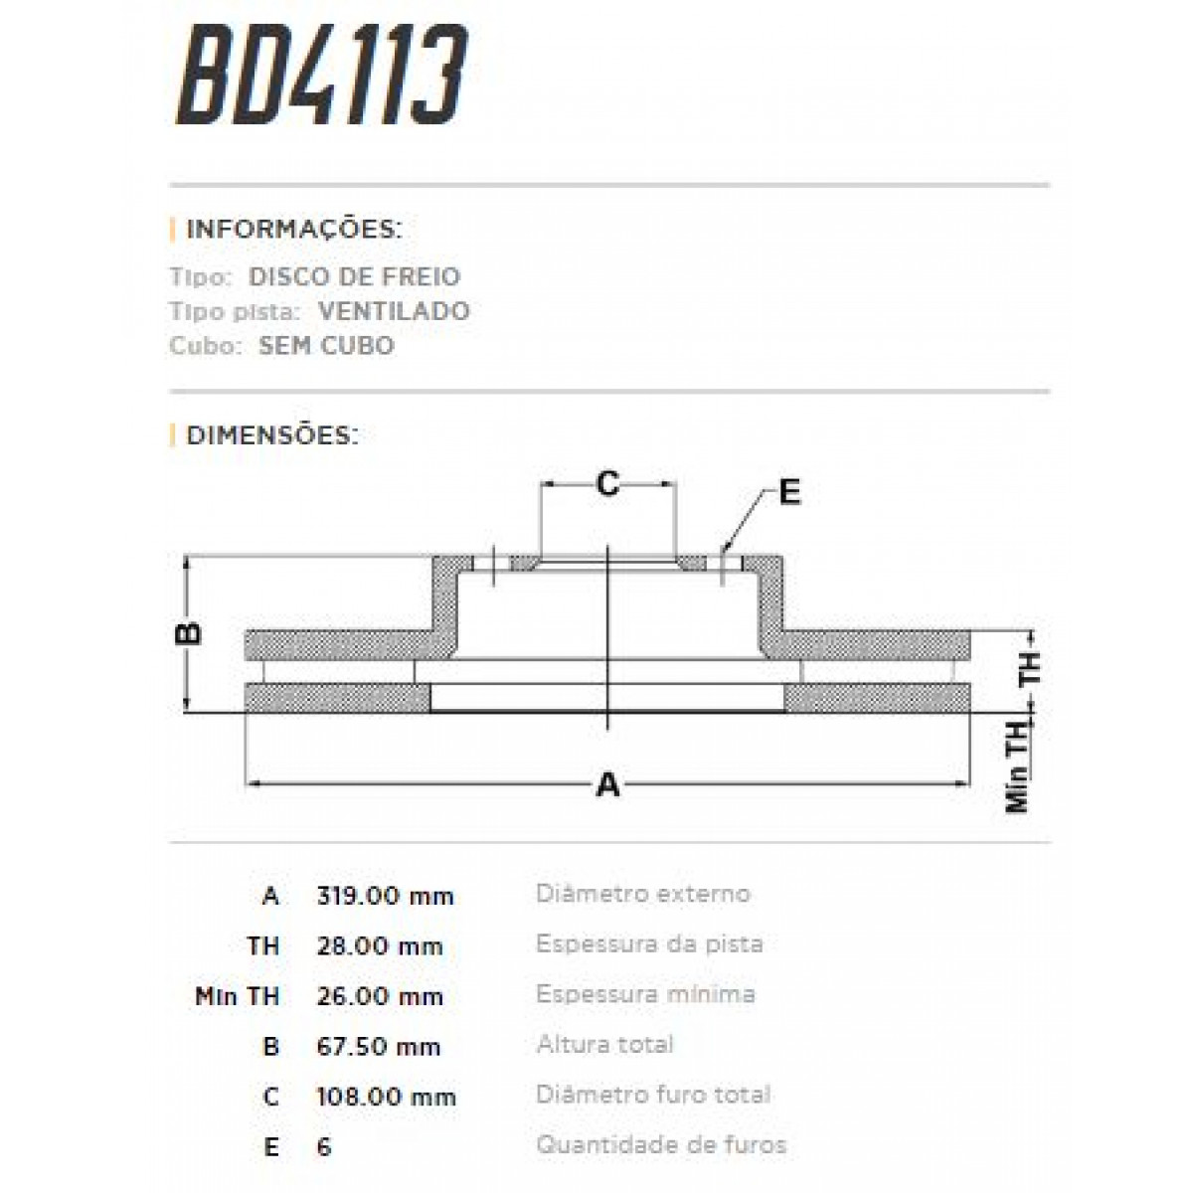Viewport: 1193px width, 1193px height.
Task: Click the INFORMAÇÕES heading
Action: [293, 230]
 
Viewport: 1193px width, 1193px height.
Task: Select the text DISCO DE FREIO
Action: [354, 276]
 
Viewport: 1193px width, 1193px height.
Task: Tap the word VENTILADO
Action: [394, 311]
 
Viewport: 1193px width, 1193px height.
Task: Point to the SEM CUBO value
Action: [326, 346]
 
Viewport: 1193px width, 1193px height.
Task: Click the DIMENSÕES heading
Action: [272, 435]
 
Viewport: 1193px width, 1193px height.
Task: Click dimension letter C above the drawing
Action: [607, 485]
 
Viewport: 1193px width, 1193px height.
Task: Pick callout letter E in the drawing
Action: [789, 493]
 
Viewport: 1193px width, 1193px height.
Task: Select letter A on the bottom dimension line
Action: [607, 785]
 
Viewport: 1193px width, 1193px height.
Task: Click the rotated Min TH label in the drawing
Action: [1017, 767]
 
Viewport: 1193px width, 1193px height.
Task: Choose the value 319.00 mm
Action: [385, 896]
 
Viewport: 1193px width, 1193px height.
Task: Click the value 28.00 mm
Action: [379, 945]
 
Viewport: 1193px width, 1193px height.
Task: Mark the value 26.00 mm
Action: [379, 996]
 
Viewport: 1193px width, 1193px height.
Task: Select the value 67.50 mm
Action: [378, 1046]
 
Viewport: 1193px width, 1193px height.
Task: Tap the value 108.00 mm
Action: [386, 1097]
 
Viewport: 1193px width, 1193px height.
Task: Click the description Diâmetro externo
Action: [643, 894]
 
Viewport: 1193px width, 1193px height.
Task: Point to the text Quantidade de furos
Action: [661, 1144]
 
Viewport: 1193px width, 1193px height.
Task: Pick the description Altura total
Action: [604, 1044]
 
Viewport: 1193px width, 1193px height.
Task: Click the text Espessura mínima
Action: [645, 994]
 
